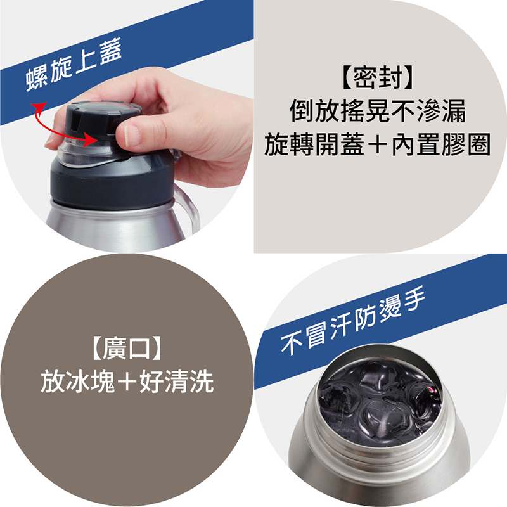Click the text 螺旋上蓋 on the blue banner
(x=74, y=65)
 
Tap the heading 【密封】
(x=377, y=77)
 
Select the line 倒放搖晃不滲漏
(x=377, y=111)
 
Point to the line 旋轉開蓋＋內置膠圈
(x=377, y=144)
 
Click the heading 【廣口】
(x=126, y=348)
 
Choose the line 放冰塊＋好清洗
(x=127, y=382)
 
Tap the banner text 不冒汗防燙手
(x=353, y=320)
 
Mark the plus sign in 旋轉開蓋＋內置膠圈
(x=377, y=145)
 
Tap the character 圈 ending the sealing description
(x=479, y=144)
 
